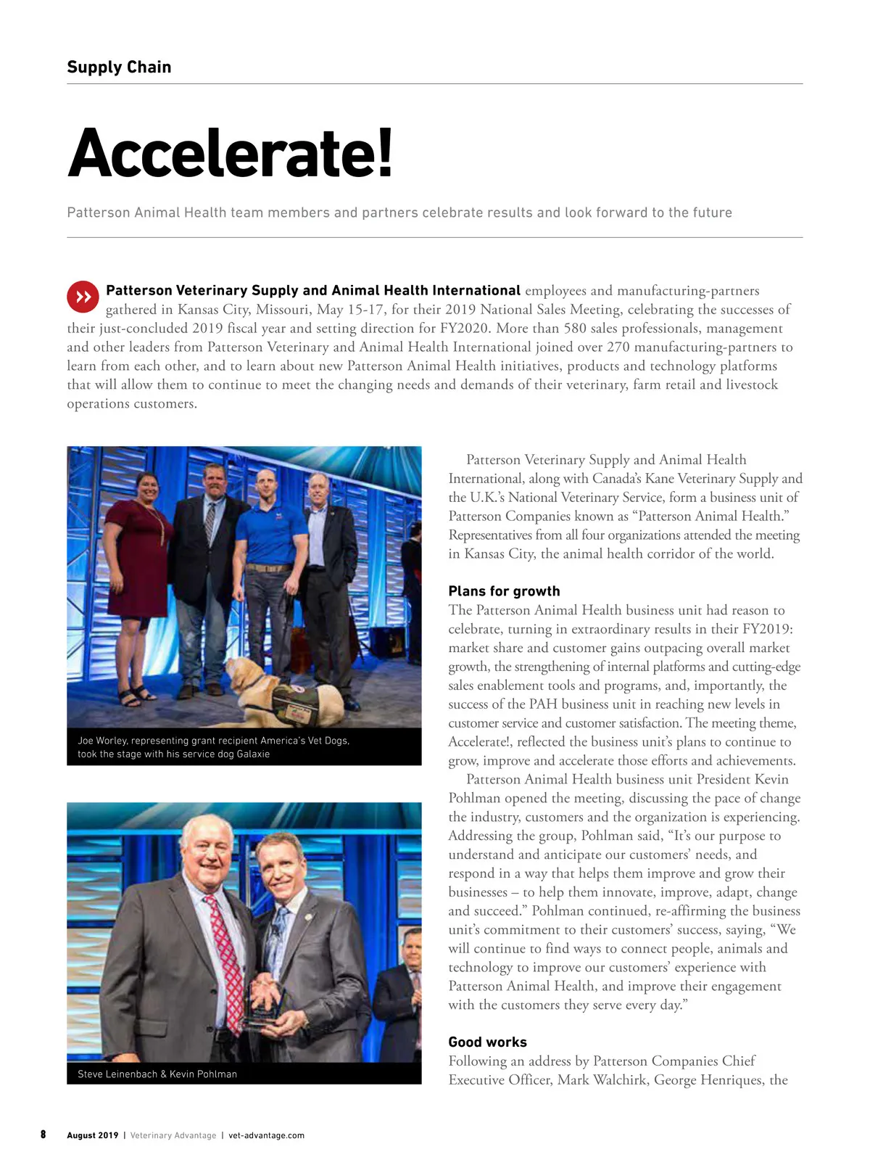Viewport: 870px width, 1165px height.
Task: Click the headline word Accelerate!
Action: point(231,153)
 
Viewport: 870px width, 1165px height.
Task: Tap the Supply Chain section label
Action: point(119,67)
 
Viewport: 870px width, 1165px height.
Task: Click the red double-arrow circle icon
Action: point(83,297)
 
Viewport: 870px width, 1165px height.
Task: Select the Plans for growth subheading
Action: point(504,590)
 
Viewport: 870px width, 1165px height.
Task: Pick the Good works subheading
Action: point(487,1042)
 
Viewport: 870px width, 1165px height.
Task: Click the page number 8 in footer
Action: point(43,1135)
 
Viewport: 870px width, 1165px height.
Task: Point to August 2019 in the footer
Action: point(92,1135)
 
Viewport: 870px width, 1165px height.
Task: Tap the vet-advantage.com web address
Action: point(266,1135)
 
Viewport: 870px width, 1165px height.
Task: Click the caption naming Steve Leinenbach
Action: point(157,1074)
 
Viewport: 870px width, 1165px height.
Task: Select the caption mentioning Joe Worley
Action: point(213,747)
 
